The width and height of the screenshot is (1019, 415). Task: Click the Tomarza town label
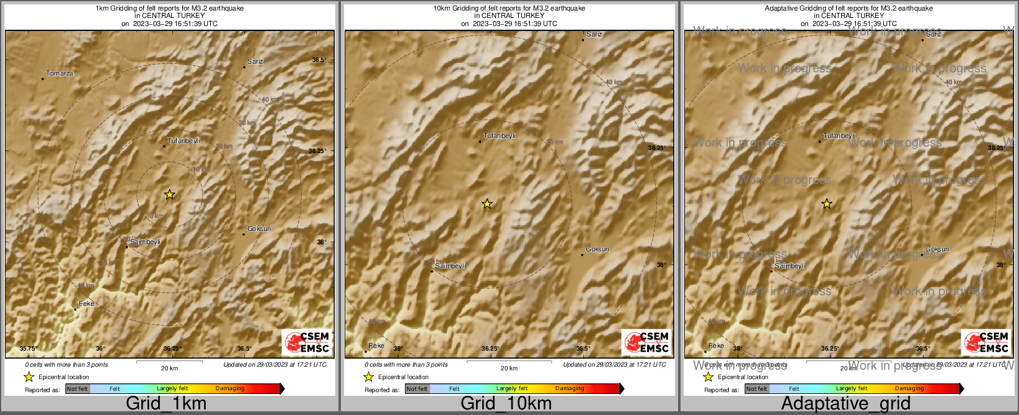60,74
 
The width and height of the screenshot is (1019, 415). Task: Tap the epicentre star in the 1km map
170,194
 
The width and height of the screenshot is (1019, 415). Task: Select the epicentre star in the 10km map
487,204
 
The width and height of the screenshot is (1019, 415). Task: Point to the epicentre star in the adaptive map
827,204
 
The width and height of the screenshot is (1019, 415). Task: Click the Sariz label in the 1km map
255,62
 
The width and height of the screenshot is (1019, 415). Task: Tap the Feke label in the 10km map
376,346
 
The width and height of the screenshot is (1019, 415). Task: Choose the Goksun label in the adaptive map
937,250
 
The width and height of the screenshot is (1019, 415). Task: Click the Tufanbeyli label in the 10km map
500,136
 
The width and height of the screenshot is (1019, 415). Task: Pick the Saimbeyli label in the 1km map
145,242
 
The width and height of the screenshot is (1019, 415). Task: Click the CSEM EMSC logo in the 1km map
307,343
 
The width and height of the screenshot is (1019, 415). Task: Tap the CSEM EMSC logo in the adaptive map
986,343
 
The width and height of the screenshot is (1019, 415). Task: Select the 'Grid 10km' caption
506,404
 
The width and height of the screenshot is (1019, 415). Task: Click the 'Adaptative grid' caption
845,404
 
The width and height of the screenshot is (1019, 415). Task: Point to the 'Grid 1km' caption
166,404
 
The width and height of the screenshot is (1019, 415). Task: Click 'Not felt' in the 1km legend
77,389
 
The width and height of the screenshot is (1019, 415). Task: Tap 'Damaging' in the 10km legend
570,389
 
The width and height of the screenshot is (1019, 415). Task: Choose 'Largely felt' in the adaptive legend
852,389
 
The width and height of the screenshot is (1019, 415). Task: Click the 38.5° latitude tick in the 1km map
319,60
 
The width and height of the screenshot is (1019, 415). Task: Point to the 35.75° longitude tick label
29,349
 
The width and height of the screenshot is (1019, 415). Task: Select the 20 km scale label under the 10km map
509,369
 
